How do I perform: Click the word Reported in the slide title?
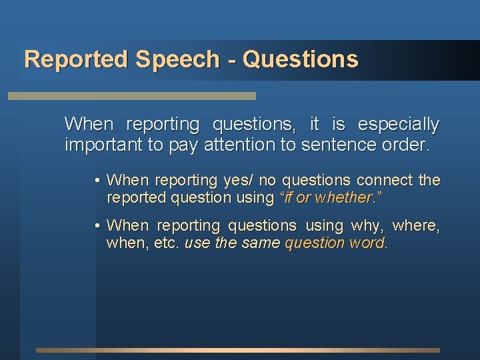76,59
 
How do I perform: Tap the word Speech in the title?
177,59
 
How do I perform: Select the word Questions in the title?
301,59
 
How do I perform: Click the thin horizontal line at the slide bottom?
238,350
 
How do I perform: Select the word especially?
399,125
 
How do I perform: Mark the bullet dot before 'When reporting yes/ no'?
97,181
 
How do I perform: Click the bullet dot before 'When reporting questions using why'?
97,226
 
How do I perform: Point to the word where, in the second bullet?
417,226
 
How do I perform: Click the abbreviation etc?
167,243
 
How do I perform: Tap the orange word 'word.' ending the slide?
368,243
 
